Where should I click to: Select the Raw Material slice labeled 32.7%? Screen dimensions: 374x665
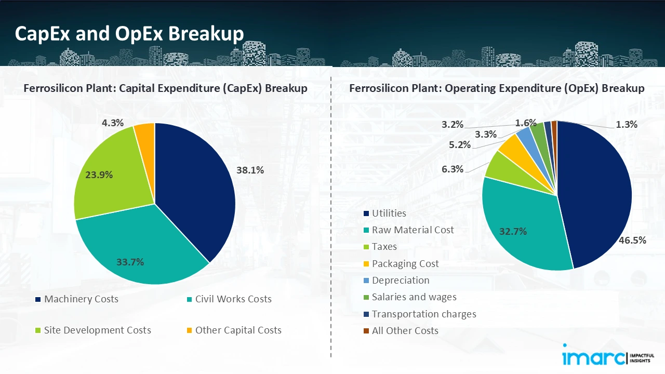tap(520, 223)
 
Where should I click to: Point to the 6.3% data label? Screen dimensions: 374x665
tap(453, 169)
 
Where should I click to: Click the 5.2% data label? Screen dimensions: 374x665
tap(460, 145)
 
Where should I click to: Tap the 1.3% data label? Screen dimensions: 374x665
tap(626, 124)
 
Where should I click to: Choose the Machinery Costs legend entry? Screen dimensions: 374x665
tap(81, 299)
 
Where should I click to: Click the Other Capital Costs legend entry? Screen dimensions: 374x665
tap(238, 330)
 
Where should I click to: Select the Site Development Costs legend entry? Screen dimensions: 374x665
tap(97, 330)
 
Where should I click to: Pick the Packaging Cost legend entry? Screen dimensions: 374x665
tap(405, 264)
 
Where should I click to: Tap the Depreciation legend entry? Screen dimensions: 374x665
tap(401, 280)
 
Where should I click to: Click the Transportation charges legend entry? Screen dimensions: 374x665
tap(423, 314)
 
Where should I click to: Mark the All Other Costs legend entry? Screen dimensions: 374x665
tap(405, 331)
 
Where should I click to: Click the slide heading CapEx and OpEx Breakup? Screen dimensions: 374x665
tap(129, 34)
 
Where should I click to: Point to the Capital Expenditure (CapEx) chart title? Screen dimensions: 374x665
tap(165, 88)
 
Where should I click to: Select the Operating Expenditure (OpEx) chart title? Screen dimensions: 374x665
tap(497, 88)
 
